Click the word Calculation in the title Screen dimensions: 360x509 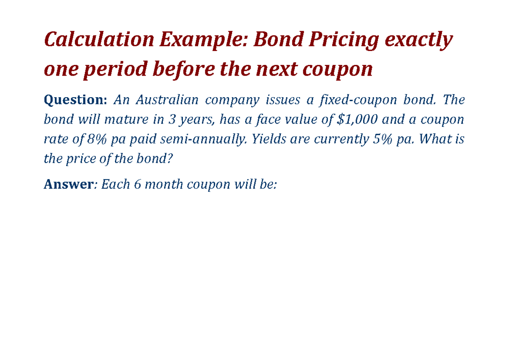99,40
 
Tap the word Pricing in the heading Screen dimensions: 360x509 343,40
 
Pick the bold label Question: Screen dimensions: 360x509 76,101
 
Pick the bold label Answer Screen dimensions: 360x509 68,185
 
